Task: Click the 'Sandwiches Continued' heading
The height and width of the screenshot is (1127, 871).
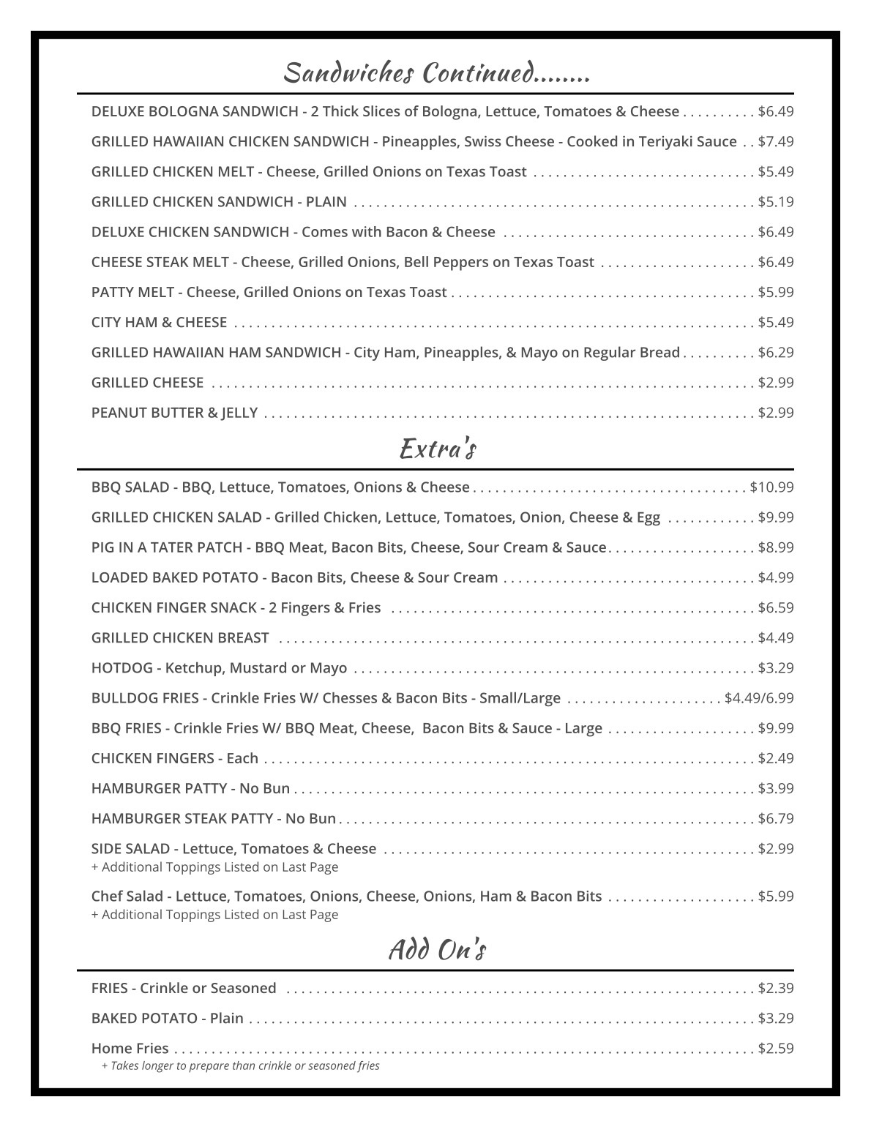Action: pyautogui.click(x=436, y=73)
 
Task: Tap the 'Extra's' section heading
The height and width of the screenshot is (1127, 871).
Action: pyautogui.click(x=438, y=448)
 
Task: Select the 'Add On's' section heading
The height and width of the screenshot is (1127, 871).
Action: pyautogui.click(x=437, y=949)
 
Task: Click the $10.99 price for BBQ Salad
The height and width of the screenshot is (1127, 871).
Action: pyautogui.click(x=771, y=487)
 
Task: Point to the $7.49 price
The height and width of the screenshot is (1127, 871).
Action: pyautogui.click(x=776, y=142)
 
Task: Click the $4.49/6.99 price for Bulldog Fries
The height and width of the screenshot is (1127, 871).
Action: pyautogui.click(x=759, y=698)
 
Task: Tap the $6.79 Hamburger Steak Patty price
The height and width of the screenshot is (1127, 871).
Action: pyautogui.click(x=776, y=819)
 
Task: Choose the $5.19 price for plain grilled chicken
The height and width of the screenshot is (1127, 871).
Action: pyautogui.click(x=776, y=202)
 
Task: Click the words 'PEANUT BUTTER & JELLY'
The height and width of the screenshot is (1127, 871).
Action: pyautogui.click(x=174, y=413)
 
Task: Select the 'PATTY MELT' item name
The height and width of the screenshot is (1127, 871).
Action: pyautogui.click(x=132, y=292)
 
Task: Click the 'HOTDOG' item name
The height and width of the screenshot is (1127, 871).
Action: pyautogui.click(x=122, y=668)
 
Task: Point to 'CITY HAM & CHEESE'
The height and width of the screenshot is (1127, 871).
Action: pyautogui.click(x=159, y=323)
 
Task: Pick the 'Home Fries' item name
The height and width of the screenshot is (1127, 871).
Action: pyautogui.click(x=130, y=1049)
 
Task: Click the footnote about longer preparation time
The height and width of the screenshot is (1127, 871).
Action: pyautogui.click(x=240, y=1066)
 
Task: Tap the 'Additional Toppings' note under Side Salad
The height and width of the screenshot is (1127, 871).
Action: pyautogui.click(x=214, y=867)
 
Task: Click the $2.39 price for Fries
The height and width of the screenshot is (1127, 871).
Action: pyautogui.click(x=776, y=989)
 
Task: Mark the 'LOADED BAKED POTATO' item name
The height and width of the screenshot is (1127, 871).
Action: pyautogui.click(x=174, y=577)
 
